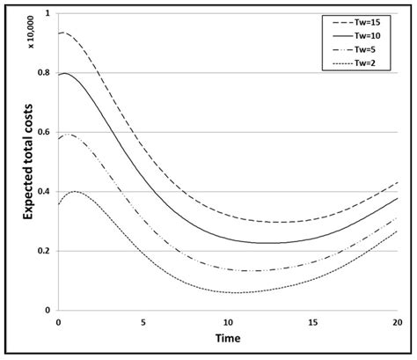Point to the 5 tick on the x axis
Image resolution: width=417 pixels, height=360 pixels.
pos(143,321)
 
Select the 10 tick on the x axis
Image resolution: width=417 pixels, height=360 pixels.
pos(228,321)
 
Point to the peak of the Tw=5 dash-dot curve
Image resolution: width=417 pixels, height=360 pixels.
pos(67,135)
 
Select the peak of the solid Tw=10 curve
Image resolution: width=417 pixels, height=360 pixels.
pos(62,73)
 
